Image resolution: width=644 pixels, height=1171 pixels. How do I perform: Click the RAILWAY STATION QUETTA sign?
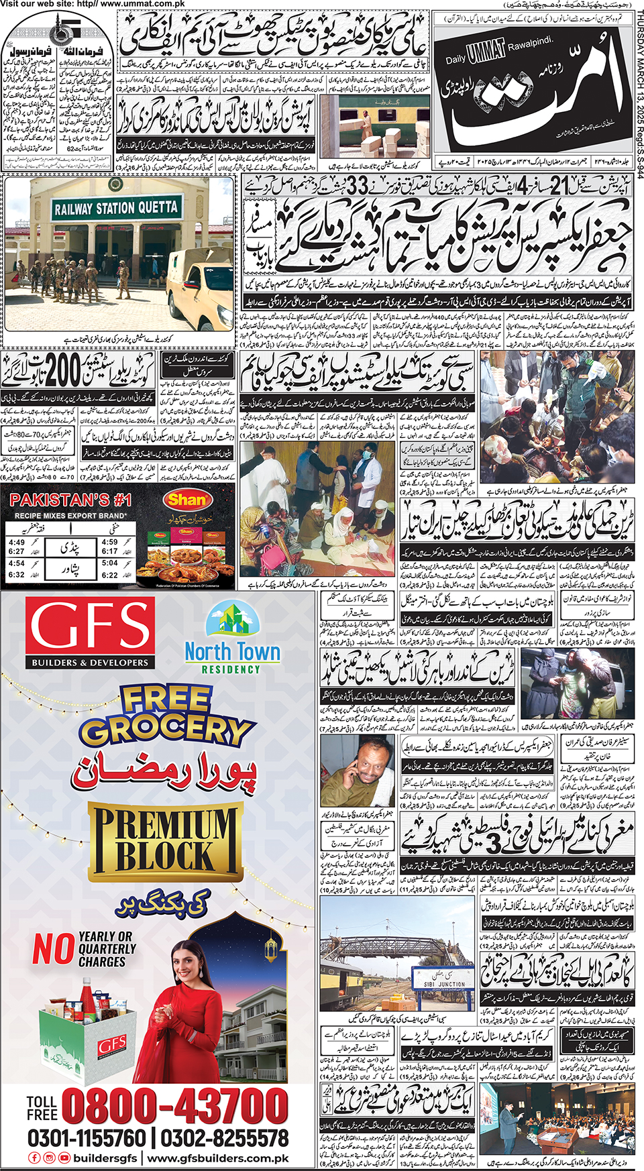tap(116, 208)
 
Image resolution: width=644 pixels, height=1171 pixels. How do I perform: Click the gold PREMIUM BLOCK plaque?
tap(164, 842)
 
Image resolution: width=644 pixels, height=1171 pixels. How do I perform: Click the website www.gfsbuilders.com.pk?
tap(218, 1158)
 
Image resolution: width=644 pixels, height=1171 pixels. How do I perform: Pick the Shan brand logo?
tap(186, 500)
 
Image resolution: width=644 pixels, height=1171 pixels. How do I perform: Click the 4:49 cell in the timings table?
tap(17, 542)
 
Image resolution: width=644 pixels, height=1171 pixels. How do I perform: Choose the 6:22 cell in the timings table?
tap(109, 575)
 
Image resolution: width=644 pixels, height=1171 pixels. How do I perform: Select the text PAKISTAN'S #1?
tap(70, 500)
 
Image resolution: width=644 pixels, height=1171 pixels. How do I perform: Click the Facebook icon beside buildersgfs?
tap(34, 1158)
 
